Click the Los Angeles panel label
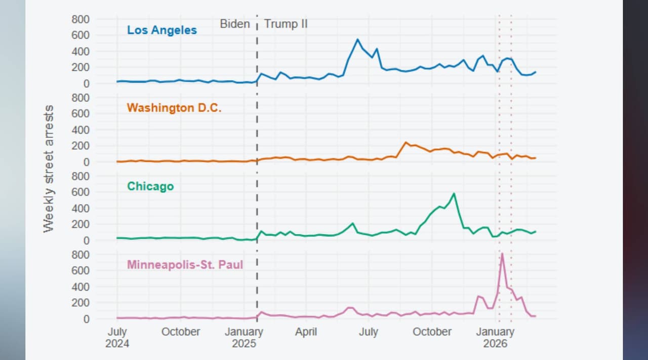(x=161, y=30)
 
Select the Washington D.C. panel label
(x=174, y=108)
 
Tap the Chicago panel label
(x=150, y=186)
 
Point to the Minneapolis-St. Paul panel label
(x=185, y=264)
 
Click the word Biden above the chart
(x=234, y=24)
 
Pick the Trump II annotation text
(x=286, y=24)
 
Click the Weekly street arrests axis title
(x=49, y=169)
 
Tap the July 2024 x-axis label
(x=117, y=337)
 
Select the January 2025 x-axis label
(x=244, y=337)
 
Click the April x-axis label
(x=306, y=332)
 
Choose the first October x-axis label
(x=180, y=332)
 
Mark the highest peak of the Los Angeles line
(x=357, y=39)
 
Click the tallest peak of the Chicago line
(x=454, y=193)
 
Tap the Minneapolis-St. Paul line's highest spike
(x=502, y=253)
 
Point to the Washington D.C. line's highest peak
(x=406, y=142)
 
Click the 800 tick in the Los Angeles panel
(x=80, y=19)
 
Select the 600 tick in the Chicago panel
(x=80, y=192)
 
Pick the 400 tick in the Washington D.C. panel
(x=80, y=130)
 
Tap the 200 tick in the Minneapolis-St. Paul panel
(x=80, y=303)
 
